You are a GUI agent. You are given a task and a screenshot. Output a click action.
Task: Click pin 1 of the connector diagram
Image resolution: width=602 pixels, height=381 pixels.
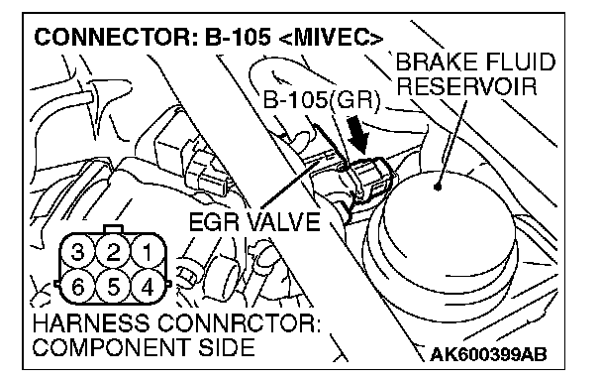click(x=148, y=253)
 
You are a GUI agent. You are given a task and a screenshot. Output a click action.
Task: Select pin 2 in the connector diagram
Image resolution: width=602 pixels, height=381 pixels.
click(x=113, y=253)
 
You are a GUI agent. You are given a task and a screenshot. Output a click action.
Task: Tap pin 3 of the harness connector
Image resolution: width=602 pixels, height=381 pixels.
click(x=78, y=253)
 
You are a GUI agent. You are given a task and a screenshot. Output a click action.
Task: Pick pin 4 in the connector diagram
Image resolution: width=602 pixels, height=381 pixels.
click(x=148, y=287)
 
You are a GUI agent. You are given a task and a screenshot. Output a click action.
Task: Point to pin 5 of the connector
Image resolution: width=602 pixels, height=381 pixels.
click(x=113, y=287)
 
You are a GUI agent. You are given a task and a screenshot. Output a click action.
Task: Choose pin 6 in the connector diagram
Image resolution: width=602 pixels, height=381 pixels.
click(x=78, y=287)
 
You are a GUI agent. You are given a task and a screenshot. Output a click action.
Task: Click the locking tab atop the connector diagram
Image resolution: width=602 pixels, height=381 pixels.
click(x=113, y=229)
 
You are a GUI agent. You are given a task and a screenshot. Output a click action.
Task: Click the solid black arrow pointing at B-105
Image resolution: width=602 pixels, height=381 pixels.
click(x=357, y=135)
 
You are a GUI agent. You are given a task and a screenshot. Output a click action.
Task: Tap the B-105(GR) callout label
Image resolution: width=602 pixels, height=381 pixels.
click(x=321, y=101)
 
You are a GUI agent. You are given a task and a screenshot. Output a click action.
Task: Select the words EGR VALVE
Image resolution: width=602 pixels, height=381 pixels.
click(x=254, y=222)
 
